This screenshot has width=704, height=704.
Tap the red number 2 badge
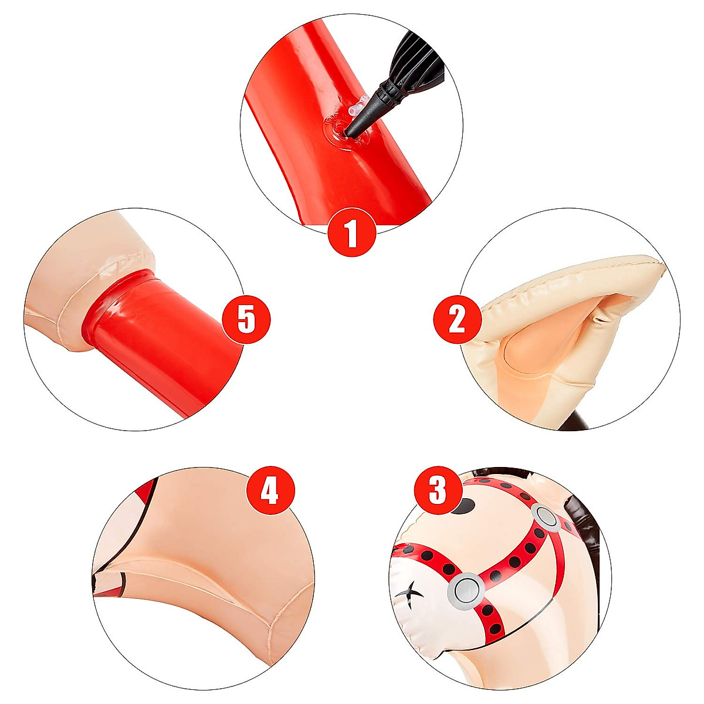(x=457, y=320)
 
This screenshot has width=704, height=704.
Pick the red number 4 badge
(x=269, y=490)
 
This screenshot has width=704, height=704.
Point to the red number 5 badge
(x=246, y=320)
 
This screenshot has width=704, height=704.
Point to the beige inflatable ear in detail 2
(x=563, y=317)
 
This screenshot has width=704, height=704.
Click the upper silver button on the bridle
(x=547, y=516)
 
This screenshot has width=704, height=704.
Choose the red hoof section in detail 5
(x=158, y=340)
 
